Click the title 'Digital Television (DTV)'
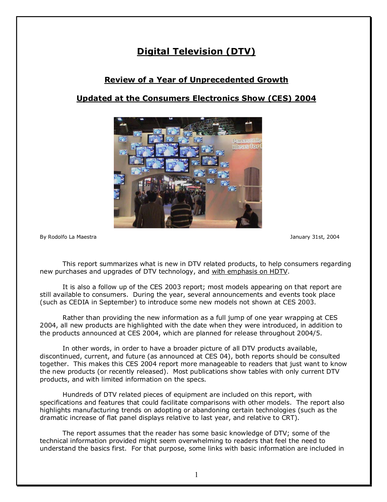[196, 51]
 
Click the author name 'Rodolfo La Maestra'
[72, 237]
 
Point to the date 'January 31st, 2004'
[314, 237]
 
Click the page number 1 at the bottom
[196, 475]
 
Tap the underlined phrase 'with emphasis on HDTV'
[250, 272]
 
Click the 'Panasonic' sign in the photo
[247, 141]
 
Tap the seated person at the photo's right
[249, 216]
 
